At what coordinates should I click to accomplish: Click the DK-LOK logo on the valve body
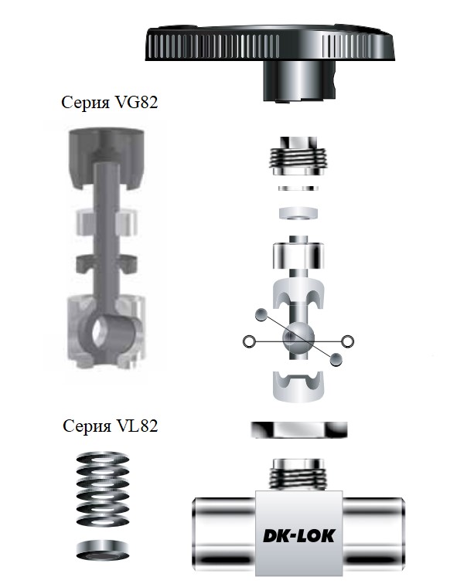pyautogui.click(x=298, y=535)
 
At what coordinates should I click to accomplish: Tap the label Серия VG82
pyautogui.click(x=110, y=103)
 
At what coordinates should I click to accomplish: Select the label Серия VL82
pyautogui.click(x=111, y=426)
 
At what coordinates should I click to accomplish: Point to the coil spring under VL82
pyautogui.click(x=103, y=489)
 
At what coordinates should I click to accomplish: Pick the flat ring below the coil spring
pyautogui.click(x=103, y=550)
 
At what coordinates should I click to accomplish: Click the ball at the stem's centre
pyautogui.click(x=298, y=338)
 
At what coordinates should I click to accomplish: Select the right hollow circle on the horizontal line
pyautogui.click(x=347, y=341)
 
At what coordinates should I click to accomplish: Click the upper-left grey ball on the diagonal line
pyautogui.click(x=261, y=315)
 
